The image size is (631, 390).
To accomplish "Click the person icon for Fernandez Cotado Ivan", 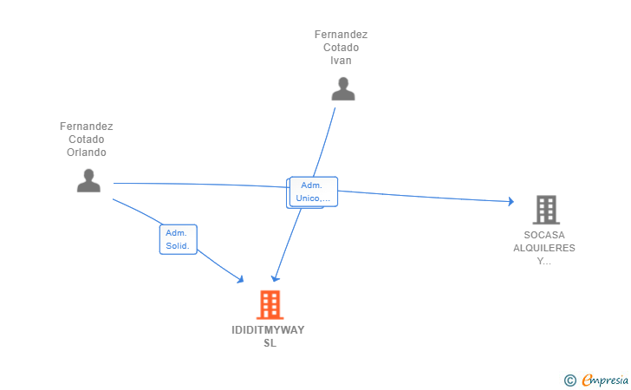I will coord(343,89).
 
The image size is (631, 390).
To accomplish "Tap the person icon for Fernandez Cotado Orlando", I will coord(88,180).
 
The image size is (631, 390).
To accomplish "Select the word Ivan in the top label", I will coord(341,61).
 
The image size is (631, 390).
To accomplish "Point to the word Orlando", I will coord(87,153).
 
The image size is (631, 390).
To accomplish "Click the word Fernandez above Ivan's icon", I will coord(341,35).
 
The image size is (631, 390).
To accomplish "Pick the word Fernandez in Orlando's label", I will coord(87,127).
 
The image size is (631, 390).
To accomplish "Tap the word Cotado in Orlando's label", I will coord(87,140).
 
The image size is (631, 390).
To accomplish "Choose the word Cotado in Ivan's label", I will coord(341,48).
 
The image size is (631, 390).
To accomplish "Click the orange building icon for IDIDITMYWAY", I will coord(270,305).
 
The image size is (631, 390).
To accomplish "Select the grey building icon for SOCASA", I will coord(545,210).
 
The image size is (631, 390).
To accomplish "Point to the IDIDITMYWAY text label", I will coord(269,330).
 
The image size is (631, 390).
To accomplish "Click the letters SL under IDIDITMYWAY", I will coord(270,343).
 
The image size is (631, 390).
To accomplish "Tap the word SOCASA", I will coord(543,235).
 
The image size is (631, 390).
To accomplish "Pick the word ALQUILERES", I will coord(543,248).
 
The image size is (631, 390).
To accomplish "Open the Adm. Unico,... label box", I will coord(314,192).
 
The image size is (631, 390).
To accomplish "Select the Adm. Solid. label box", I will coord(179,239).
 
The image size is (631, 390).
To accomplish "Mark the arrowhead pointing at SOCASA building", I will coord(511,202).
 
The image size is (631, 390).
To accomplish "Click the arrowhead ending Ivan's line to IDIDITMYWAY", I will coord(274,278).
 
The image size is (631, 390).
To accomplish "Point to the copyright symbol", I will coord(569,380).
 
